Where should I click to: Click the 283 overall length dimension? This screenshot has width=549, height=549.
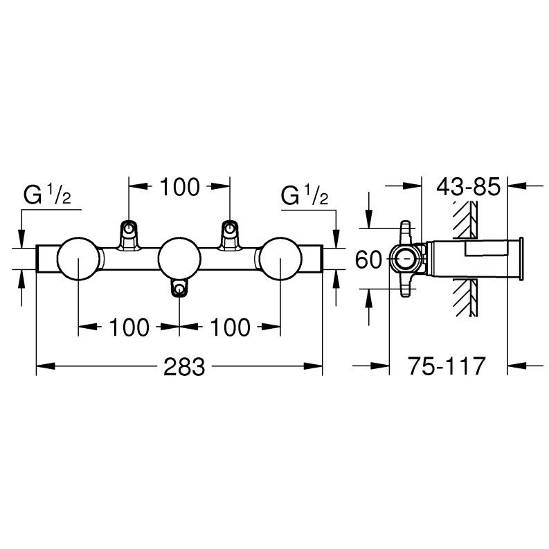(184, 367)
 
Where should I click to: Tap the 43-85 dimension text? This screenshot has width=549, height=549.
(468, 187)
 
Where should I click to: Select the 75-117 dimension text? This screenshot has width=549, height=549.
(447, 366)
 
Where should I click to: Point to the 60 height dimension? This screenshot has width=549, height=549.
(368, 260)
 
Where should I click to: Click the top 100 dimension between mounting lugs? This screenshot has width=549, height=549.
(179, 187)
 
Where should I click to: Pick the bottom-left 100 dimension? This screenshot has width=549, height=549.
(129, 327)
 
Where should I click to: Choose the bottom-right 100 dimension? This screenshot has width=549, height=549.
(230, 327)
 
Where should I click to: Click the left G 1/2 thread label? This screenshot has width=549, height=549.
(47, 195)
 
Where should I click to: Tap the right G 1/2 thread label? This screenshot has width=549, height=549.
(305, 195)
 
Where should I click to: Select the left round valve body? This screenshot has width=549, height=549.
(78, 259)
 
